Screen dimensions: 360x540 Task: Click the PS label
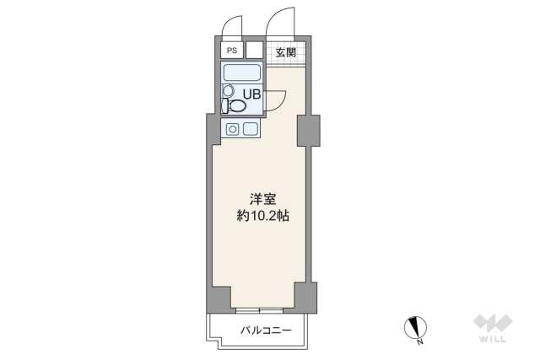coord(230,50)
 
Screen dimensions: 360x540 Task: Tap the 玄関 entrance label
coord(285,51)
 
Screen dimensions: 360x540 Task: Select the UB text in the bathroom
coord(251,93)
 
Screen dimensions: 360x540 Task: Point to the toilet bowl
coord(237,106)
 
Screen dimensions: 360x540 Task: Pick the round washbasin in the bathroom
coord(228,90)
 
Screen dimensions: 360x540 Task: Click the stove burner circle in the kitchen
coord(232,129)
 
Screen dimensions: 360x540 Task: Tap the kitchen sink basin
coord(251,129)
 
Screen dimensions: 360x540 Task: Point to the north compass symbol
coord(417,326)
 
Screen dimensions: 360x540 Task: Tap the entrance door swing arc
coord(278,19)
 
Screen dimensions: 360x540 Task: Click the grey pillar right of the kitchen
coord(307,127)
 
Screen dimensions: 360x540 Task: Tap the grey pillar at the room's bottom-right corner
coord(305,296)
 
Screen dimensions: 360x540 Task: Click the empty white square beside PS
coord(254,50)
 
